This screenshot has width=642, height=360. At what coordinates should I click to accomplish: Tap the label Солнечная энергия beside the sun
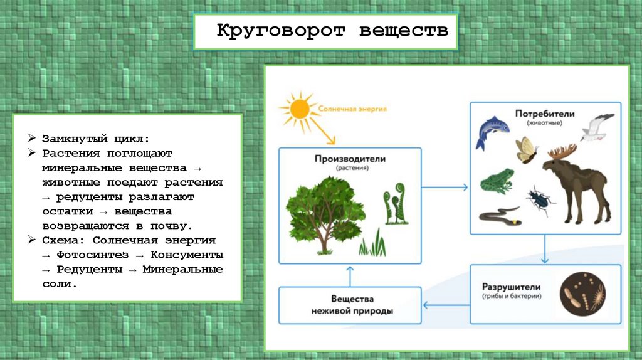tap(353, 109)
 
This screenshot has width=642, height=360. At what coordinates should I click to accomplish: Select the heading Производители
tap(351, 159)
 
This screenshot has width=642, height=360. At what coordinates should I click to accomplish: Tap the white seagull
tap(597, 127)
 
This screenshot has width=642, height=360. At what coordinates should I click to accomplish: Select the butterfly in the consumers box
tap(525, 150)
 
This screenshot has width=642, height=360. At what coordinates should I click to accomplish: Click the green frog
tap(497, 182)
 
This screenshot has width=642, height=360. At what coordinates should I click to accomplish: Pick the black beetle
tap(540, 199)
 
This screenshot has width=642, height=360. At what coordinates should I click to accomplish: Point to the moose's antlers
tap(562, 152)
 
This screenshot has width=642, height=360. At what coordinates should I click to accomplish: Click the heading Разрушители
tap(512, 286)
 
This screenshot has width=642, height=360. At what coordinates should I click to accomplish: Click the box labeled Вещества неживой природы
tap(350, 305)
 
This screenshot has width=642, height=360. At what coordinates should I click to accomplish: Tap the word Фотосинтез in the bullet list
tap(92, 255)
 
